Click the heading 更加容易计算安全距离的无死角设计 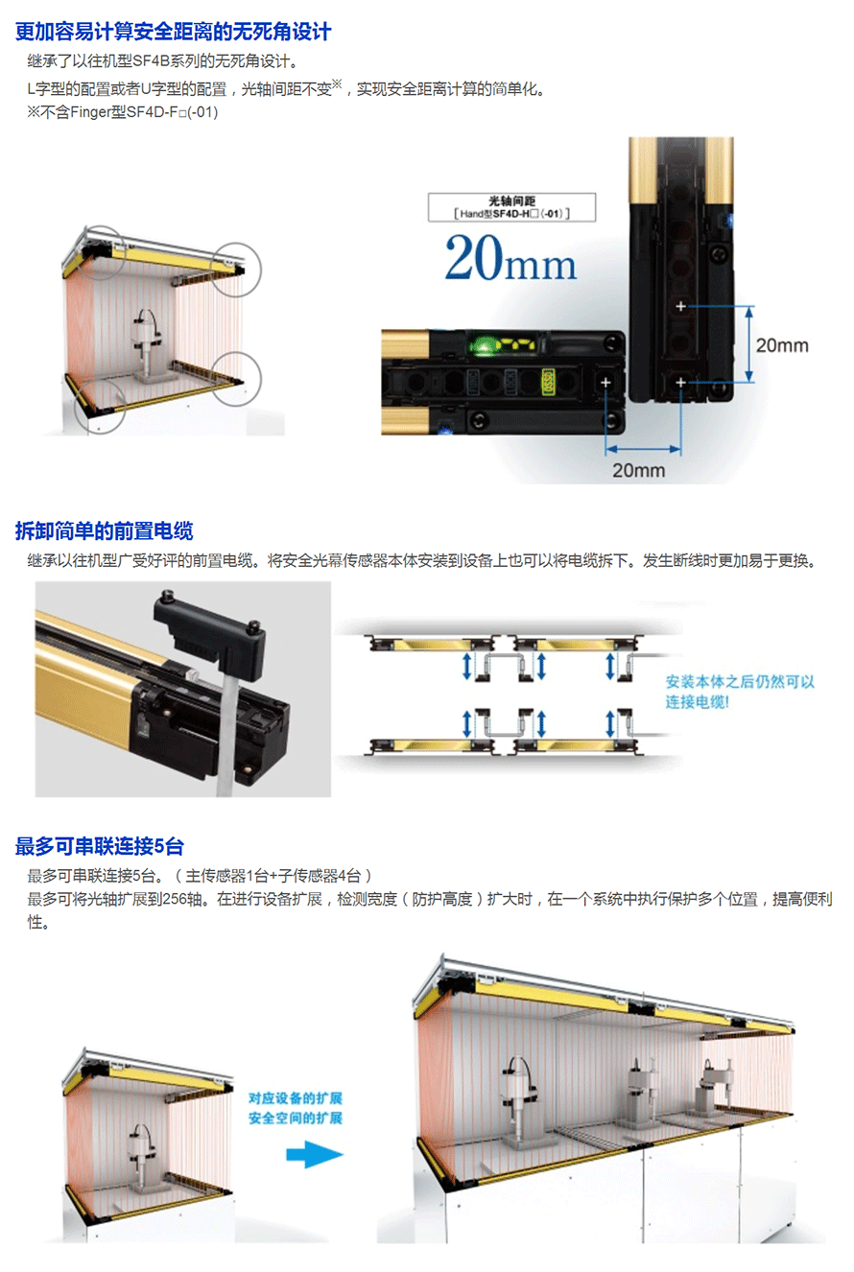coord(173,32)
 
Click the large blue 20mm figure coord(510,259)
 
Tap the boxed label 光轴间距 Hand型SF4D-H coord(512,207)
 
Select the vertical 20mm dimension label coord(782,345)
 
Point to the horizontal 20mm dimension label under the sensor coord(639,470)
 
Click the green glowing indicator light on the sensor coord(483,345)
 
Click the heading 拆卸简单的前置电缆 coord(104,530)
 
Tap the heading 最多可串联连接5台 coord(100,846)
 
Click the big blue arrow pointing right coord(315,1154)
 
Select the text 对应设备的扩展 coord(296,1097)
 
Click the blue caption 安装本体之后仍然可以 coord(740,681)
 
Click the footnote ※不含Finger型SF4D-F coord(123,112)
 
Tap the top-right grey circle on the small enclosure coord(236,270)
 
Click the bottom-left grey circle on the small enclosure coord(100,405)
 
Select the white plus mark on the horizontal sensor coord(605,382)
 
